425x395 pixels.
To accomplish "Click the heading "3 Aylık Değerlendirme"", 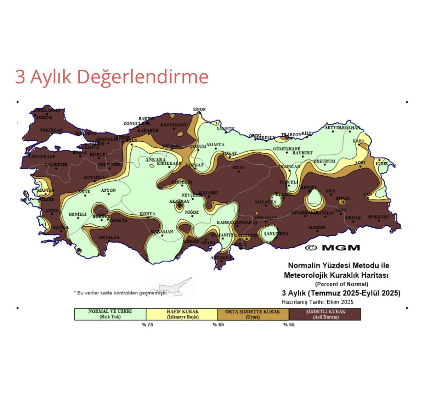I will (x=112, y=77).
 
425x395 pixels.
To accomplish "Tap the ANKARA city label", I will (x=155, y=160).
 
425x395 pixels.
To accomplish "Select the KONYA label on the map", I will (x=148, y=214).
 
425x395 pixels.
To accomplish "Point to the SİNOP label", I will (x=199, y=109).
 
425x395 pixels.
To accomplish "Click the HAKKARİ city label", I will (x=378, y=217).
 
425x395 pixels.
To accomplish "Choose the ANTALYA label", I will (x=109, y=237).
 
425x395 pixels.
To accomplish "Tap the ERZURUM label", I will (x=324, y=161).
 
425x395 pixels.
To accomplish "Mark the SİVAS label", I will (x=239, y=168).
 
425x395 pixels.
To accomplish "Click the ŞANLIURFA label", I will (x=276, y=234).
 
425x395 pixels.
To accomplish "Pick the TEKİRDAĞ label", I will (x=51, y=130).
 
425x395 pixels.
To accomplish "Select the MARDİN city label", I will (x=317, y=227).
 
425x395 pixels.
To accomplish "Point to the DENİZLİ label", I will (x=78, y=214).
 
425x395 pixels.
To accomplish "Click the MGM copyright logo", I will (x=333, y=248).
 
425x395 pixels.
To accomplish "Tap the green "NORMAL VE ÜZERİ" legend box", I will (x=110, y=314).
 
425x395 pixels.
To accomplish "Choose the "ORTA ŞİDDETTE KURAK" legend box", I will (x=253, y=314).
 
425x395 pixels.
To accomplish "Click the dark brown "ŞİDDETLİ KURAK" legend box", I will (x=325, y=314).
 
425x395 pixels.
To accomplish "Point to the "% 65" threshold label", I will (x=218, y=325).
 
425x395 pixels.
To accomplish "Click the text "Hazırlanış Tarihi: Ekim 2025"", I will (x=318, y=302).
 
